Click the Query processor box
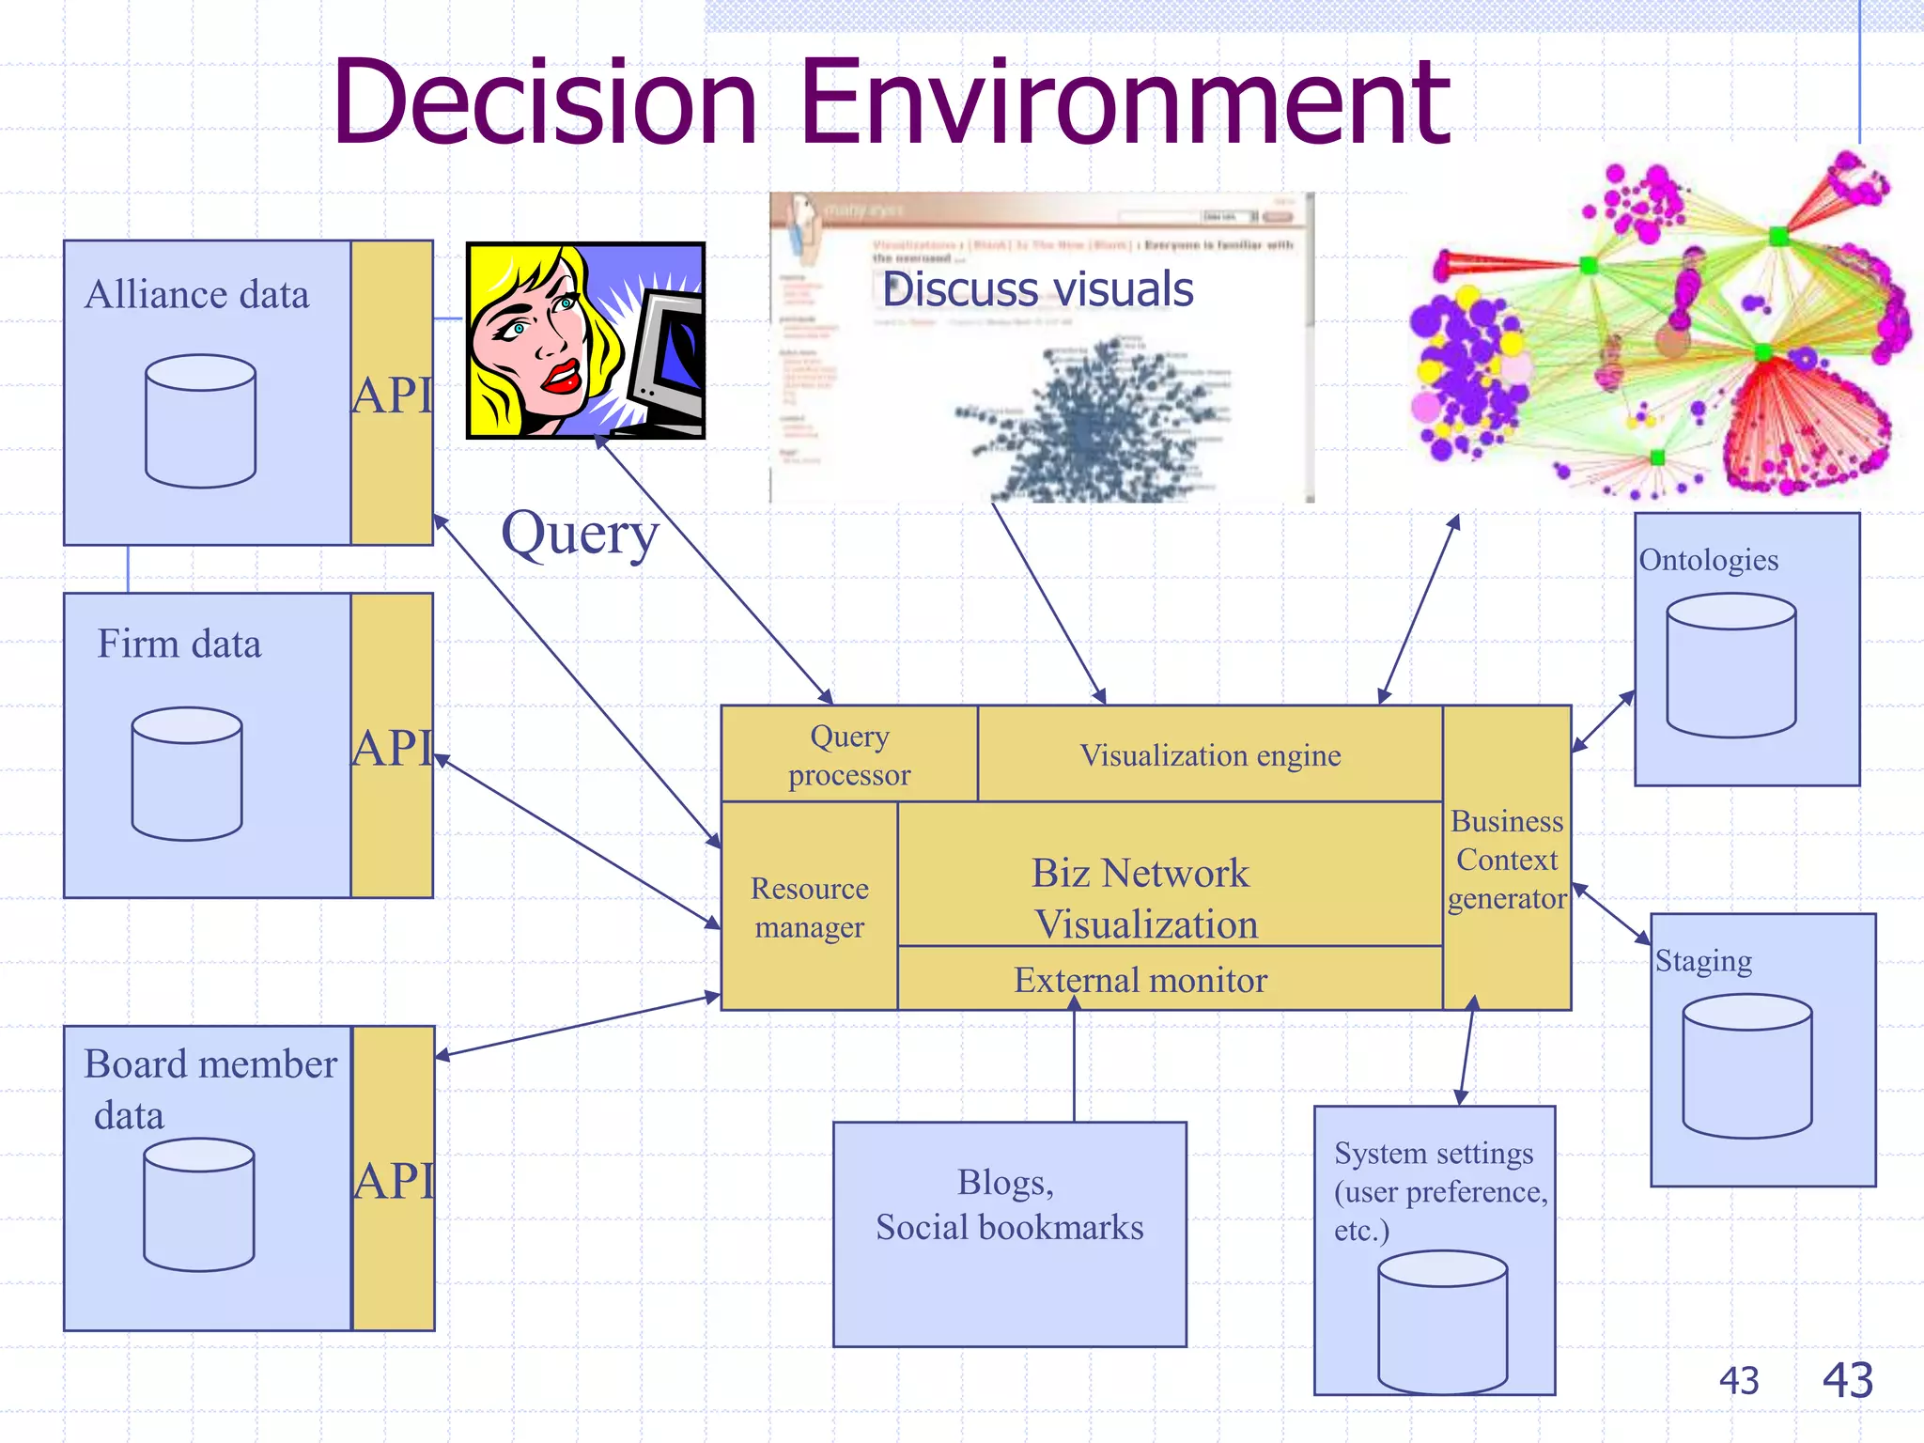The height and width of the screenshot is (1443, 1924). point(849,754)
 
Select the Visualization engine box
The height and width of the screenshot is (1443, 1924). point(1210,754)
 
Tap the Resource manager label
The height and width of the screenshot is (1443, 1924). point(809,907)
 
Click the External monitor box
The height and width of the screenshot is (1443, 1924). point(1140,980)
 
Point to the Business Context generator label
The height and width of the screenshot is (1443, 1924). point(1506,859)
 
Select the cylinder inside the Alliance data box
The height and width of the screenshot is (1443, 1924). point(200,421)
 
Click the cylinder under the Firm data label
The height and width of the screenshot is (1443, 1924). point(187,773)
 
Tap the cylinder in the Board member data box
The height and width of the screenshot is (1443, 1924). point(198,1204)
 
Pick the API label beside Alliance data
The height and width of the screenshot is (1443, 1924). point(392,395)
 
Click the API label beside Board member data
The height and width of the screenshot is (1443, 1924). point(394,1180)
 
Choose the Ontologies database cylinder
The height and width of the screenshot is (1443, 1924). point(1730,665)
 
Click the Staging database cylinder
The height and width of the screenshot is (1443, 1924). point(1746,1065)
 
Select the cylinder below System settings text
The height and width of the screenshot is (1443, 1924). point(1442,1321)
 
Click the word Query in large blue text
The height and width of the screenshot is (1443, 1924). point(580,535)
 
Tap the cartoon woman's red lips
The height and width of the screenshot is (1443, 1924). point(561,376)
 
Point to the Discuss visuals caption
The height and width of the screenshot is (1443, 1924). point(1038,289)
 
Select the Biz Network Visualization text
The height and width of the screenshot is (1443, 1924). point(1142,898)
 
